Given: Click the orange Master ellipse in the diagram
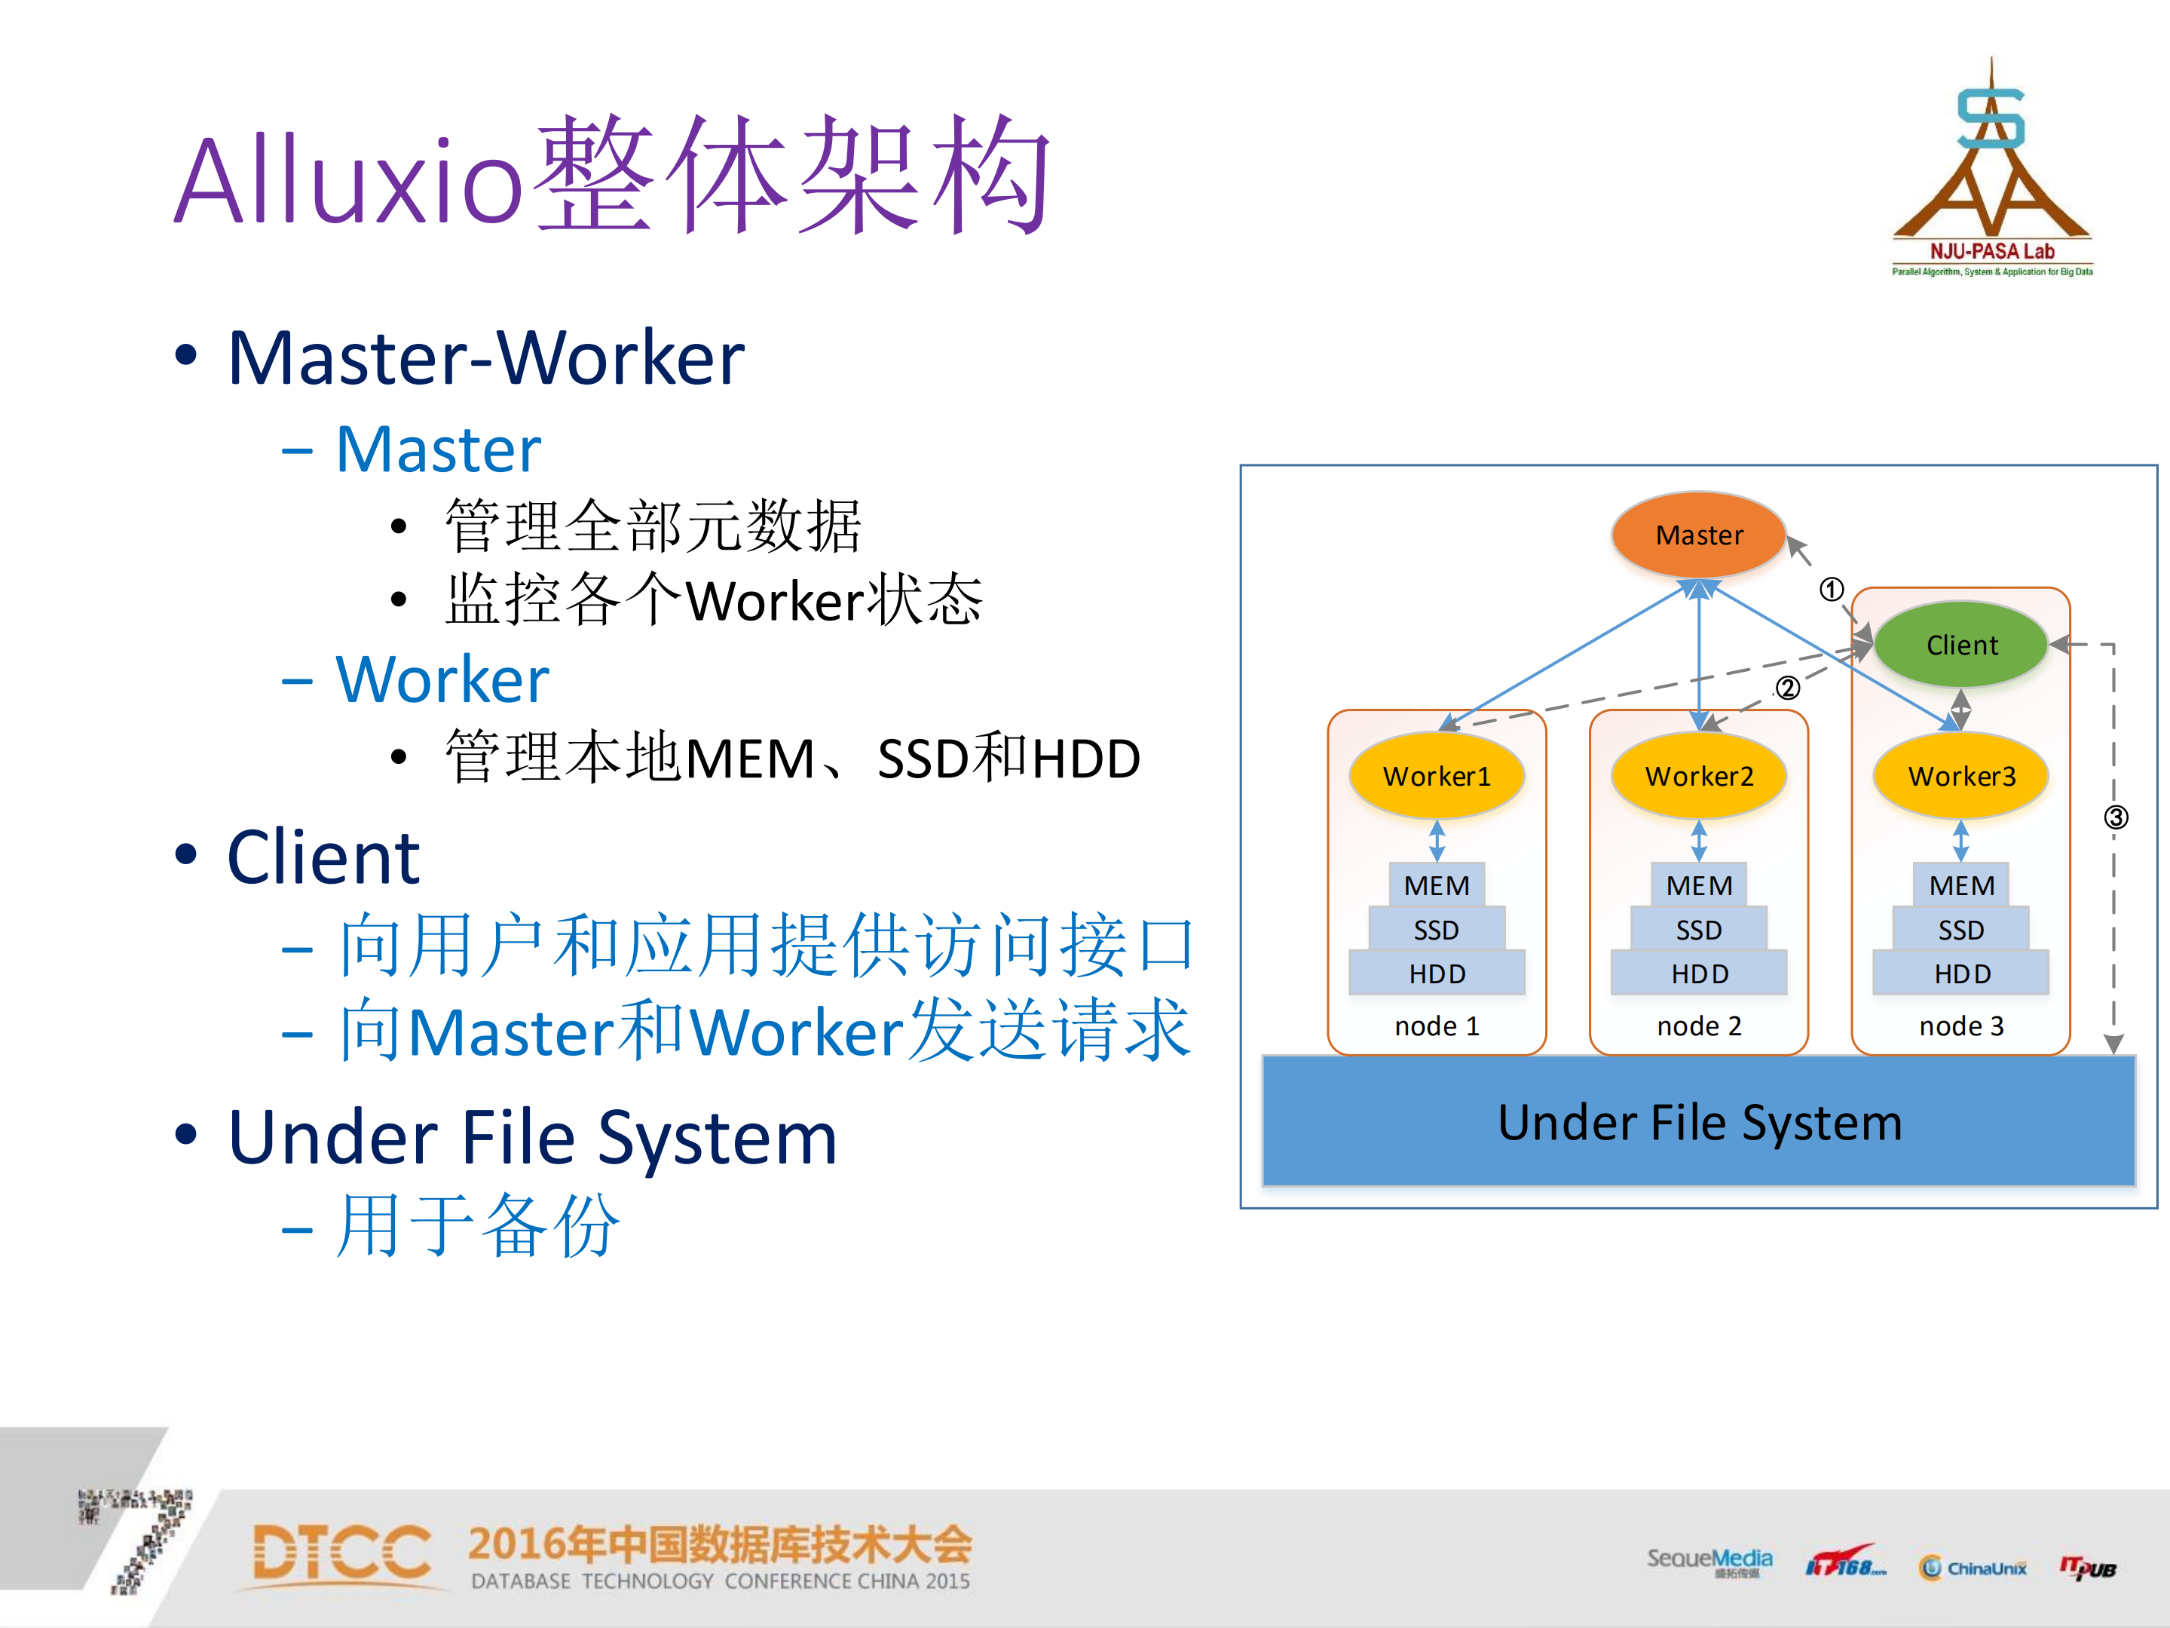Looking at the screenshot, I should (x=1698, y=535).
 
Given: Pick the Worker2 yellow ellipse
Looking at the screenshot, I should (x=1698, y=776).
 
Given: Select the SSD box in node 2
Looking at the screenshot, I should (x=1698, y=929).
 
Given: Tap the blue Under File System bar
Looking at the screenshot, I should (x=1698, y=1121).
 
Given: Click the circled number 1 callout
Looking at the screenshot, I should (x=1831, y=590).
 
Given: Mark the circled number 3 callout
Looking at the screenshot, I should (x=2116, y=817).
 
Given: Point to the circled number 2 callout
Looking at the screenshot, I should (x=1787, y=688).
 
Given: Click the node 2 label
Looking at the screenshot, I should (x=1698, y=1026).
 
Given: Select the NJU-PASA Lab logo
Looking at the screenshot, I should (x=1991, y=172).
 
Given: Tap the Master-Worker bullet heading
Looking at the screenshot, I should (x=485, y=358).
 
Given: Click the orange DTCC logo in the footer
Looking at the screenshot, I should (x=341, y=1553).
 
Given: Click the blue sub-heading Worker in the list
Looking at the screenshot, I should (x=442, y=679).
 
